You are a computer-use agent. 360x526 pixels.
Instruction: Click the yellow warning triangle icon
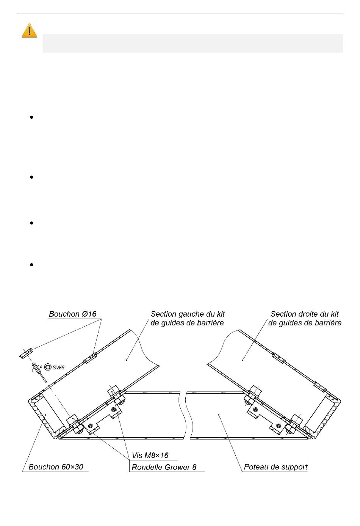29,31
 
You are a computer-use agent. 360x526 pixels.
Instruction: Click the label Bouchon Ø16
73,314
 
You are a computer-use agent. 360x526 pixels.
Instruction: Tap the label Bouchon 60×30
56,467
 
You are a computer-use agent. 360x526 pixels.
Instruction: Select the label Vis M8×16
150,455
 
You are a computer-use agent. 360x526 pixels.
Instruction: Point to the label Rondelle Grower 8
164,467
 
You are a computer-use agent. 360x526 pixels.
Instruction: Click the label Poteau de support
275,467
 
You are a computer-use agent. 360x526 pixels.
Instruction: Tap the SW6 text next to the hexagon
58,367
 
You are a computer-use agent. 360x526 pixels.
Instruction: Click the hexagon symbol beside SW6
48,367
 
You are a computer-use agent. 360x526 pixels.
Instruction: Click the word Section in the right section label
283,314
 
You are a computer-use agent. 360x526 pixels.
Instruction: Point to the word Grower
177,467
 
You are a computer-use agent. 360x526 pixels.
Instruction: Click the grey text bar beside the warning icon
193,43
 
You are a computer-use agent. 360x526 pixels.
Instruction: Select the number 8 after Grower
194,467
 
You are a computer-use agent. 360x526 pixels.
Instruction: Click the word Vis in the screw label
137,455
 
